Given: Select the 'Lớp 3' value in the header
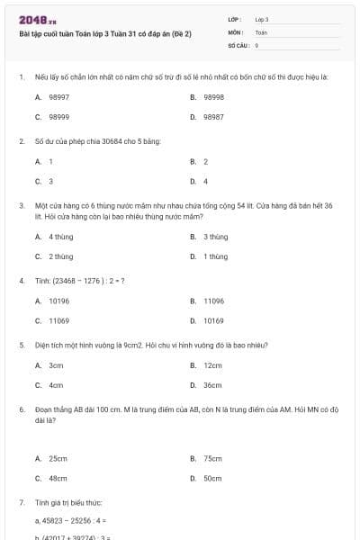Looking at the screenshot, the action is click(x=262, y=19).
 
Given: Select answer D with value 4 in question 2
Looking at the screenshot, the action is click(x=205, y=181).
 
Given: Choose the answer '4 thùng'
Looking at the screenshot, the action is click(x=61, y=237).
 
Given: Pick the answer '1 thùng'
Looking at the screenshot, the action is click(x=215, y=256).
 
